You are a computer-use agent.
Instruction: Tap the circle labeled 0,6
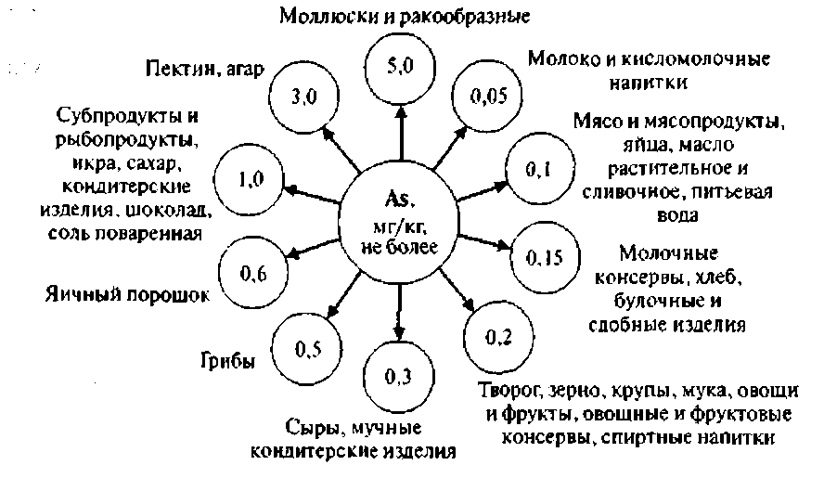click(252, 273)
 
